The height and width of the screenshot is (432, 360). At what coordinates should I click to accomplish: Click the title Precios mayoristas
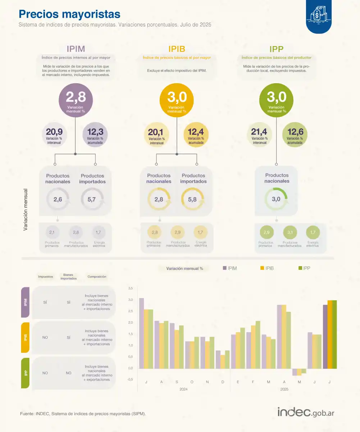tap(69, 14)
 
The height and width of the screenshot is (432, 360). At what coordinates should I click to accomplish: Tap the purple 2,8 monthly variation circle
tap(76, 99)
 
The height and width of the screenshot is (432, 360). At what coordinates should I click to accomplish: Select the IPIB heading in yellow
tap(177, 49)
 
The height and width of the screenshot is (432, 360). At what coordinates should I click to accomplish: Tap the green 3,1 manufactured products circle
tap(290, 232)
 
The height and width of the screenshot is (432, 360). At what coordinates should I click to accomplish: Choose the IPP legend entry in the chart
tap(304, 268)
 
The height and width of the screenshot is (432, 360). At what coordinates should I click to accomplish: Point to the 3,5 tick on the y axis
tap(131, 288)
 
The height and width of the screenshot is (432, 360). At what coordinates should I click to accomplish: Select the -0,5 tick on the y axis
tap(130, 379)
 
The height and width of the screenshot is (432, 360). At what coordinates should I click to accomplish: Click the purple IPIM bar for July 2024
tap(141, 333)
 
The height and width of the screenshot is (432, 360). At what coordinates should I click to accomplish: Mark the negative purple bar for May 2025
tap(295, 372)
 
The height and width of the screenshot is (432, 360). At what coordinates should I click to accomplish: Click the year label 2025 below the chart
tap(284, 389)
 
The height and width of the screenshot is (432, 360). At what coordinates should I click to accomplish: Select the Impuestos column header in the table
tap(46, 277)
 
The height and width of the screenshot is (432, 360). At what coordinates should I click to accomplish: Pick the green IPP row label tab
tap(26, 373)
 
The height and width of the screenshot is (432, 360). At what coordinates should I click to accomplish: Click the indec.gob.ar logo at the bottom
tap(306, 413)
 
